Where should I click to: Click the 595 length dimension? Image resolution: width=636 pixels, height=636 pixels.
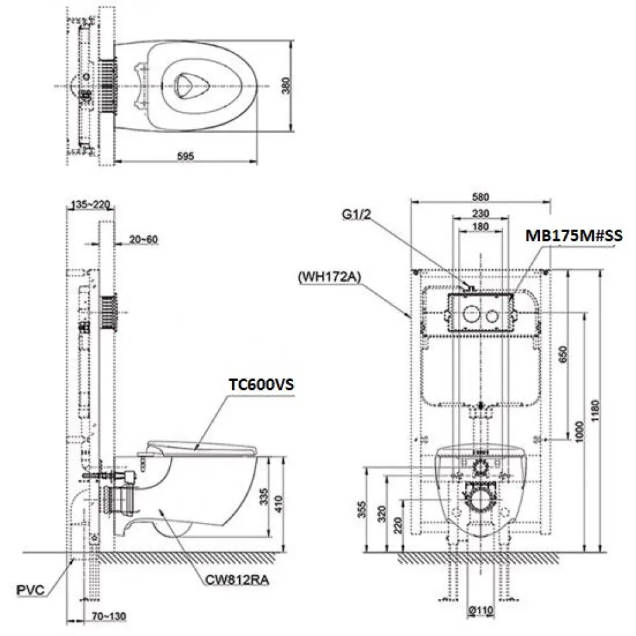tap(185, 156)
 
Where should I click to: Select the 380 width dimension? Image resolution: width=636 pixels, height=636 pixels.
tap(286, 86)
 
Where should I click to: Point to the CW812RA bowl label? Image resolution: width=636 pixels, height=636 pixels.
tap(237, 580)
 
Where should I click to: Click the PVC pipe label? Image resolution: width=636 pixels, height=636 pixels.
tap(31, 590)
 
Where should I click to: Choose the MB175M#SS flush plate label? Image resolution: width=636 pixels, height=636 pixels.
tap(574, 236)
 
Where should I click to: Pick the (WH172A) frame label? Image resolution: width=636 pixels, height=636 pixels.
tap(329, 277)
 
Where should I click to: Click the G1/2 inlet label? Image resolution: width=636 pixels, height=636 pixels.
tap(357, 214)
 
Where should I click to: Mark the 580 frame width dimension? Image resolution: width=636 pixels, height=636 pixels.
tap(481, 197)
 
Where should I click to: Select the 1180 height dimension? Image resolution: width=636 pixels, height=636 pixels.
tap(595, 410)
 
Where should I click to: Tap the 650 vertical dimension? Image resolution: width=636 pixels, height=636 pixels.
tap(563, 354)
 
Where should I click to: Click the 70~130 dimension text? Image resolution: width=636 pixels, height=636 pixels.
tap(109, 617)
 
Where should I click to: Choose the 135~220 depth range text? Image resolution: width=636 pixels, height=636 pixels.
tap(90, 204)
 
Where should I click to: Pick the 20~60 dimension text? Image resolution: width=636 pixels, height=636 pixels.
tap(144, 240)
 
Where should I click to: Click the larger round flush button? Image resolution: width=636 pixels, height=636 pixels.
tap(471, 314)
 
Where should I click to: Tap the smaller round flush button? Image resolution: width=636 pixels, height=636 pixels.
tap(493, 315)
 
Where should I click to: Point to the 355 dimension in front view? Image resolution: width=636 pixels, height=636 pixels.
tap(362, 509)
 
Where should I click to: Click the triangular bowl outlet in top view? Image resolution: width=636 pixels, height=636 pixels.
tap(190, 86)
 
